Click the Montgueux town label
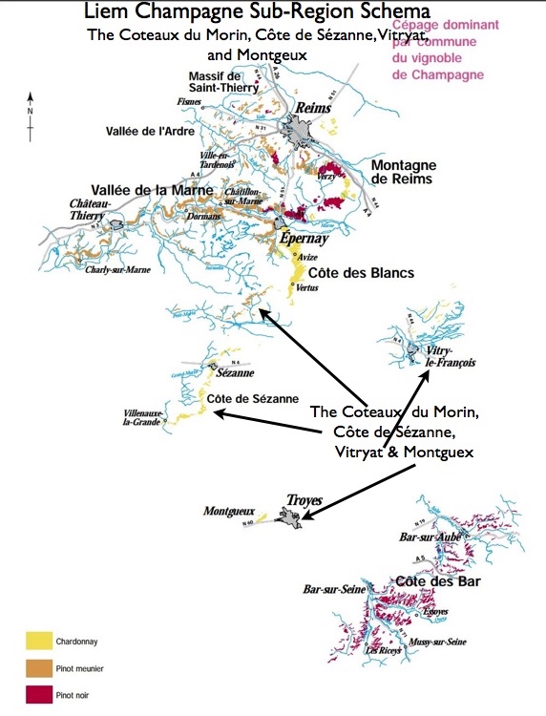(x=228, y=512)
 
